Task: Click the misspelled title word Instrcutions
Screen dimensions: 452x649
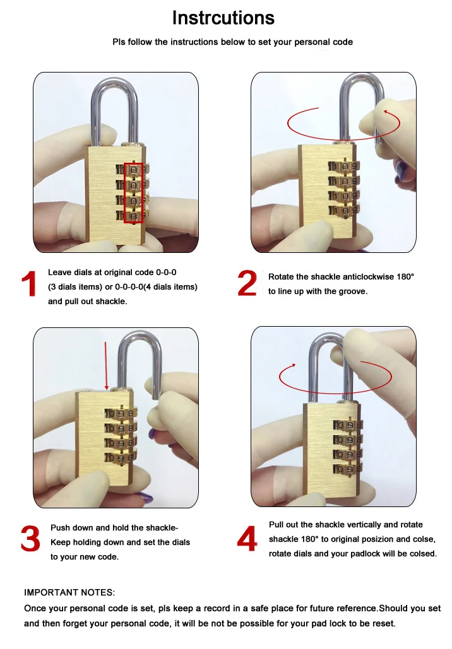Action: coord(223,18)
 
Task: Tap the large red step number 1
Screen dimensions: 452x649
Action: coord(29,284)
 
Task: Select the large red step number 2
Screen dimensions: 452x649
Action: coord(247,283)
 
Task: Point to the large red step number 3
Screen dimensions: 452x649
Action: coord(30,539)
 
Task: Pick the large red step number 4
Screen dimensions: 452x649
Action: coord(247,539)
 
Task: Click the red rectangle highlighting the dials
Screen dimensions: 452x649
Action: coord(133,193)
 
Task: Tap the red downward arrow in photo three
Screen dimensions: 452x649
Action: coord(106,365)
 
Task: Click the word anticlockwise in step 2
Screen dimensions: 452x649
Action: coord(355,277)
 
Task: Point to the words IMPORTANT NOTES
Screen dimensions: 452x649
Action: coord(69,592)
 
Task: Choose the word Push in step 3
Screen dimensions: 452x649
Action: coord(60,528)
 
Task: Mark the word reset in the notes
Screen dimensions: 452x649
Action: coord(384,623)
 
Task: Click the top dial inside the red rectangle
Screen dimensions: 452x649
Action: coord(133,170)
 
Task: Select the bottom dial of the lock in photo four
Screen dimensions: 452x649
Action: coord(348,469)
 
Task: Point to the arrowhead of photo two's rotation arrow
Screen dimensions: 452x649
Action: coord(386,112)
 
